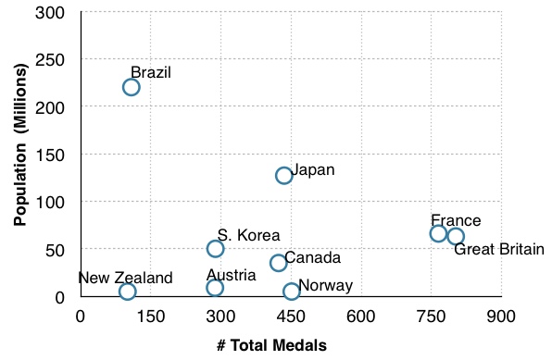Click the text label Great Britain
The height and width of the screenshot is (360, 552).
click(x=499, y=249)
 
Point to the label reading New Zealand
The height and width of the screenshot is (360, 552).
click(x=125, y=278)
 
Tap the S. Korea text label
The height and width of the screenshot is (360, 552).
click(x=248, y=235)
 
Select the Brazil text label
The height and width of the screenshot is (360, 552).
click(x=151, y=72)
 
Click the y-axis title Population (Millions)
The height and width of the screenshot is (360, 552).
click(x=20, y=144)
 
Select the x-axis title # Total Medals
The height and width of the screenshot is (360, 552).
click(x=271, y=345)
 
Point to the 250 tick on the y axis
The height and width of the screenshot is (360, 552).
click(x=50, y=59)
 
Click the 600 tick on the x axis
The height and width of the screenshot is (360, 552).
click(x=361, y=317)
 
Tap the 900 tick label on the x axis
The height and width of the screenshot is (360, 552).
click(x=501, y=317)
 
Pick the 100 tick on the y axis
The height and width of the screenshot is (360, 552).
click(x=50, y=202)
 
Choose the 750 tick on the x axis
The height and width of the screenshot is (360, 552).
click(x=432, y=317)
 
